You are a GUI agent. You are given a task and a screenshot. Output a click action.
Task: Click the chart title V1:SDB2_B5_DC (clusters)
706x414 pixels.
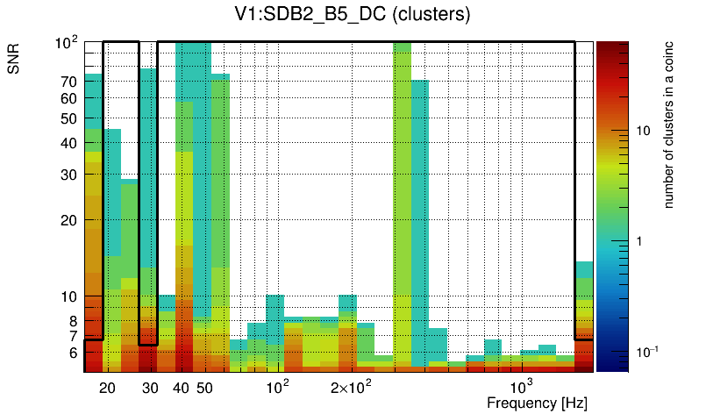[x=352, y=15]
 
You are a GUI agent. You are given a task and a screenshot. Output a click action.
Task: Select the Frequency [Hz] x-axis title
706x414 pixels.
[x=536, y=403]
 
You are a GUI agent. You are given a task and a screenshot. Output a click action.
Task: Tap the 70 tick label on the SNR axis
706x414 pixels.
[x=69, y=82]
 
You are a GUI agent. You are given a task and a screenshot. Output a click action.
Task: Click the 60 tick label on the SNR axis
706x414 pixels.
[x=69, y=98]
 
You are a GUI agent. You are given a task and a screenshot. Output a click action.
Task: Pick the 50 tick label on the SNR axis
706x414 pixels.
[x=69, y=118]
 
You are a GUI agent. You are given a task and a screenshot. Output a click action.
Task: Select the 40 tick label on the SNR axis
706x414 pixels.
[x=69, y=143]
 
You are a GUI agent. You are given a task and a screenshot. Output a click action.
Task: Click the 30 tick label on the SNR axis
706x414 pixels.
[x=69, y=175]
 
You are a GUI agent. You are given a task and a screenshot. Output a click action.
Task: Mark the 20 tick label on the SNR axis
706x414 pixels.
[x=69, y=220]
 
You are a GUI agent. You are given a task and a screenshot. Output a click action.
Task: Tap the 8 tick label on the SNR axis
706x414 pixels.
[x=73, y=321]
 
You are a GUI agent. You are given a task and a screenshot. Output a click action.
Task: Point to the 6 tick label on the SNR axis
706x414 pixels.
[x=73, y=353]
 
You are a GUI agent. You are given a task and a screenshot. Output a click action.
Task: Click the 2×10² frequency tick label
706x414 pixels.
[x=350, y=387]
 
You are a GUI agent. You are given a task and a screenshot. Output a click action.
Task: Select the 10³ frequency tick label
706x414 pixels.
[x=521, y=386]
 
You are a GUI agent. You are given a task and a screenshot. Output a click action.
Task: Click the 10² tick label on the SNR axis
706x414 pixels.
[x=67, y=42]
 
